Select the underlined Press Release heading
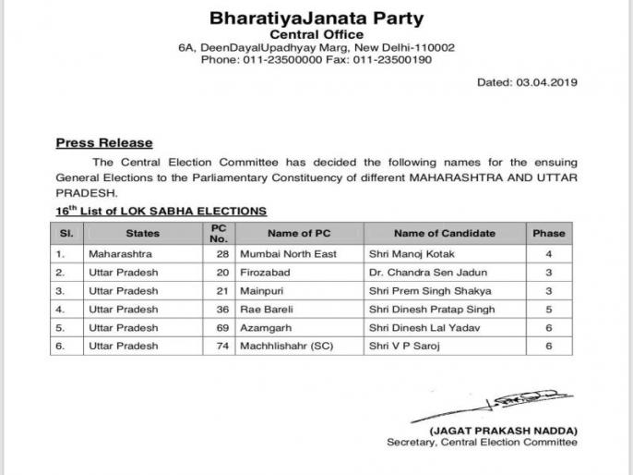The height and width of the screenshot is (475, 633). coord(104,143)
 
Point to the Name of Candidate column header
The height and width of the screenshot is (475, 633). coord(444,234)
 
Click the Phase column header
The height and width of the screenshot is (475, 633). coord(548,234)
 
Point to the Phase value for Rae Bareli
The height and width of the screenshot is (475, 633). coord(548,309)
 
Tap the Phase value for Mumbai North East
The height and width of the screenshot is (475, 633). coord(548,253)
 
